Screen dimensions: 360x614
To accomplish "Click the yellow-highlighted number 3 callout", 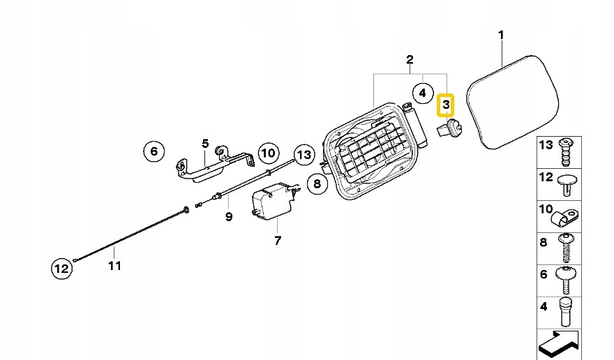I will tap(445, 106).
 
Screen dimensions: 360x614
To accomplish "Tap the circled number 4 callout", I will tap(421, 92).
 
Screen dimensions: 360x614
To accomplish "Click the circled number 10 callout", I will tap(269, 152).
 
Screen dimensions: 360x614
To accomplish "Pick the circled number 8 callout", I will tap(317, 184).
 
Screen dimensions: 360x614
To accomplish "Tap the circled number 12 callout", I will tap(61, 267).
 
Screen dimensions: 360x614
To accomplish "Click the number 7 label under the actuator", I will tap(277, 241).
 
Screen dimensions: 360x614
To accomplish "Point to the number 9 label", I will tap(228, 216).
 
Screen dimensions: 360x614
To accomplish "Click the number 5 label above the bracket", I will tap(205, 144).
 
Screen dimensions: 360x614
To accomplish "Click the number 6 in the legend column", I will tap(544, 274).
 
